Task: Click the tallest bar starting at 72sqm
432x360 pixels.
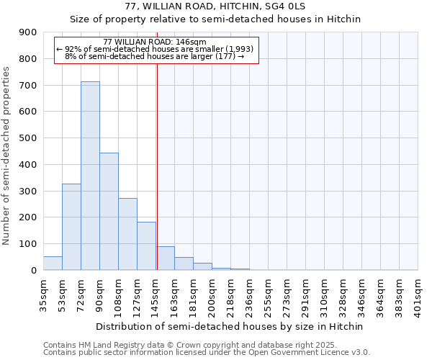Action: coord(90,176)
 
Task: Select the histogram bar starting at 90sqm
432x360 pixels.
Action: coord(109,212)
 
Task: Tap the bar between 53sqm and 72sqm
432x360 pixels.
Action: coord(71,227)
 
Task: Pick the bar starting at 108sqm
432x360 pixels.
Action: coord(127,234)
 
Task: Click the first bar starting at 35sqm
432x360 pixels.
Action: coord(53,264)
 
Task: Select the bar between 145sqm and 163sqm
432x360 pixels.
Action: coord(165,258)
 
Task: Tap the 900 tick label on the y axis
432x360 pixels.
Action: coord(28,32)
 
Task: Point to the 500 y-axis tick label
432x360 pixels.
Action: coord(28,138)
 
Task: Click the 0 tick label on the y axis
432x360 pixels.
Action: coord(34,271)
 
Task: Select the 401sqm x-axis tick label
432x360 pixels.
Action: coord(418,292)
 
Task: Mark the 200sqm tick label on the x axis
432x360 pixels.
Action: coord(212,292)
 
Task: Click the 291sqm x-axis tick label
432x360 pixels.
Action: coord(305,292)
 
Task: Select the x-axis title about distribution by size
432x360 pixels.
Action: coord(230,326)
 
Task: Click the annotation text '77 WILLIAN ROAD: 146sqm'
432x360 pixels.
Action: coord(155,42)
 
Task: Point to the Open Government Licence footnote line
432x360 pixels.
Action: coord(206,353)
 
